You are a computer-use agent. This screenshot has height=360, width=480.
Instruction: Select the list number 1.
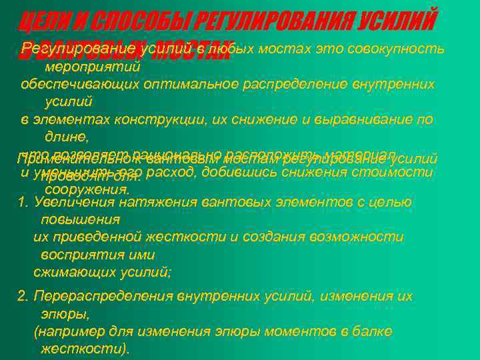tap(22, 202)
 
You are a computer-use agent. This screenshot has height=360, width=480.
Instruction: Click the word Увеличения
tap(71, 202)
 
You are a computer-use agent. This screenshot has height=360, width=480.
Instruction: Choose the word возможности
tap(361, 237)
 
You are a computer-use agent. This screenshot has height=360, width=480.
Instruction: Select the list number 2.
tap(22, 295)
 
